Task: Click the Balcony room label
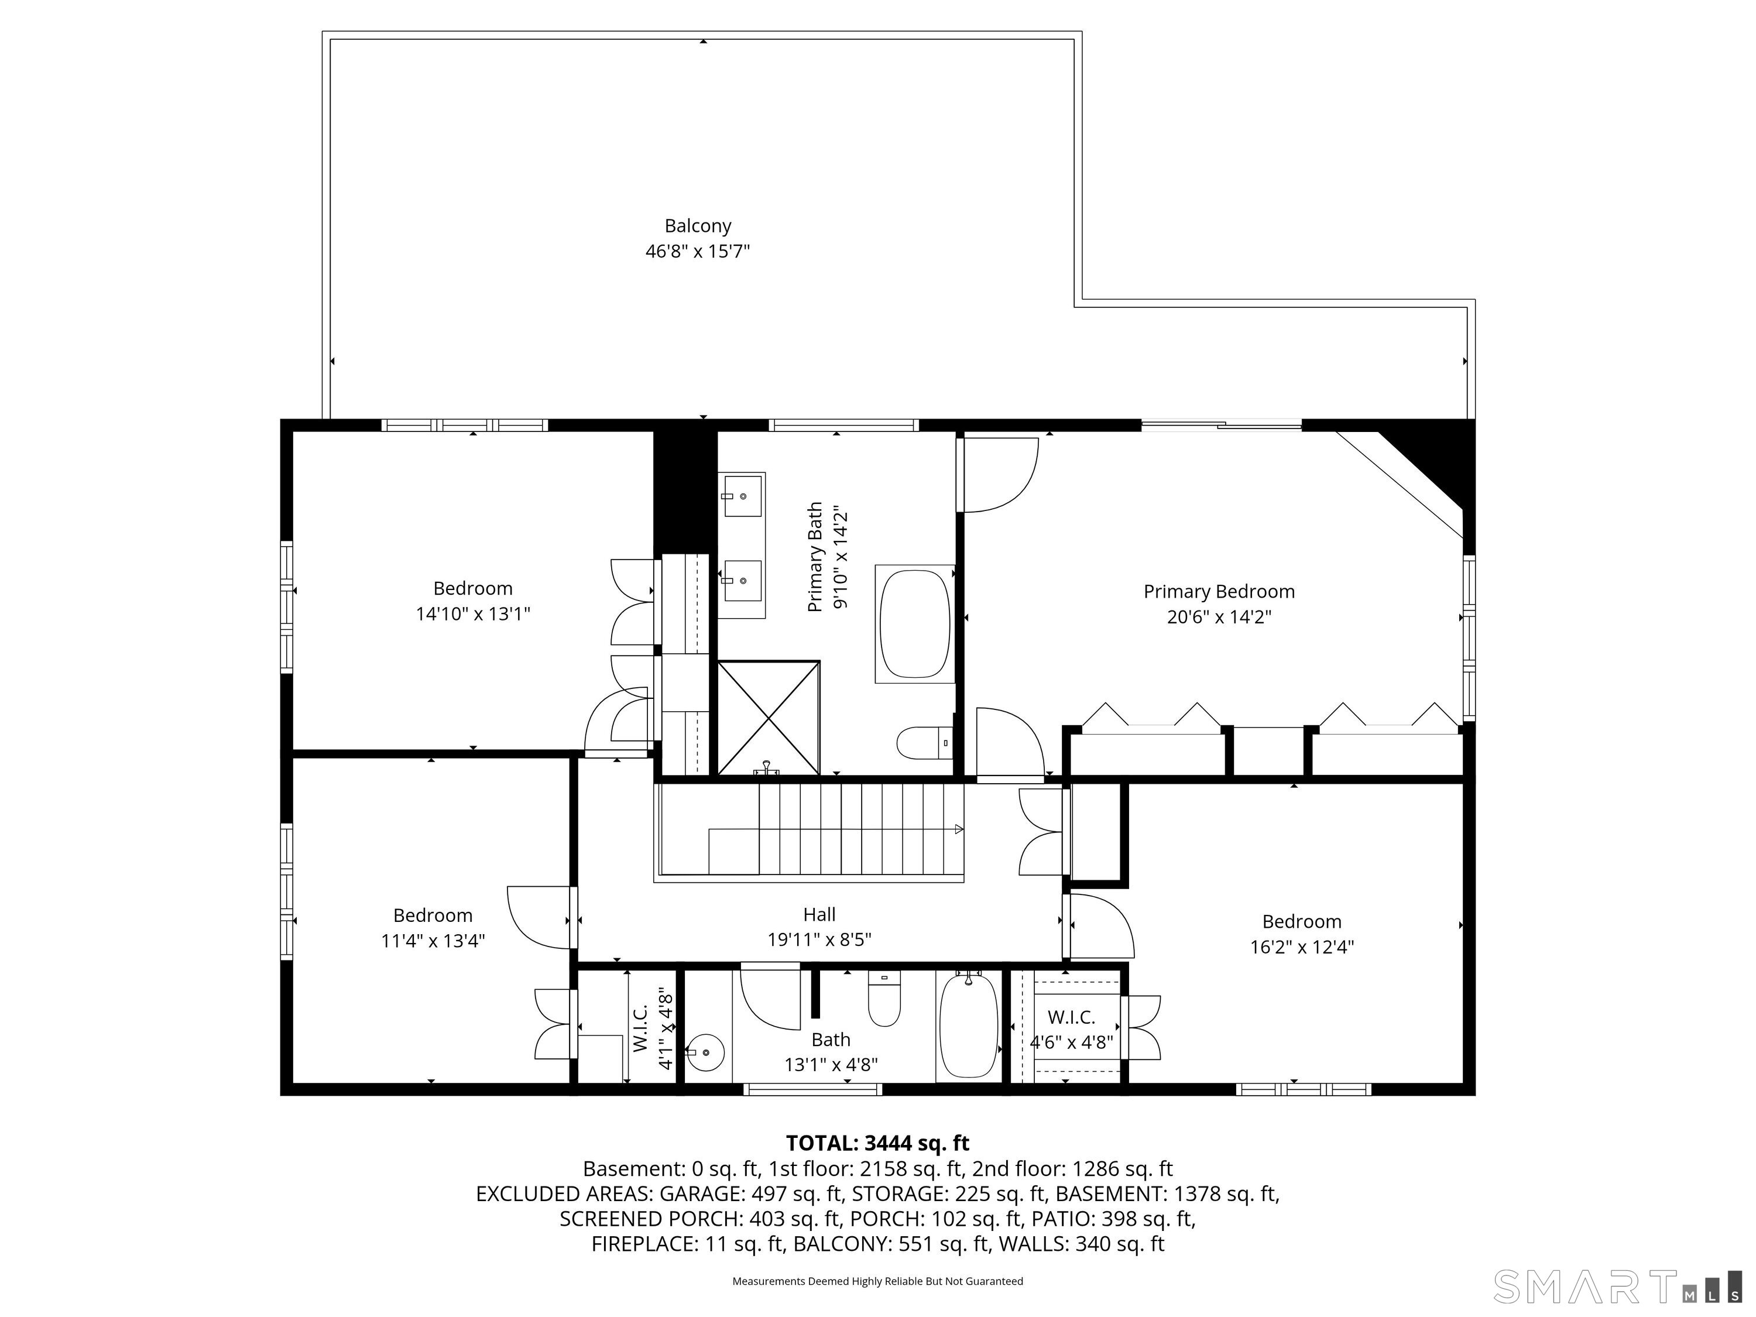pyautogui.click(x=698, y=227)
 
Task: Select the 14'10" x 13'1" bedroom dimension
pyautogui.click(x=473, y=613)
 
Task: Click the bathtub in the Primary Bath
pyautogui.click(x=914, y=624)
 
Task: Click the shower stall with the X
pyautogui.click(x=769, y=717)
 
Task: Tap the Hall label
pyautogui.click(x=819, y=914)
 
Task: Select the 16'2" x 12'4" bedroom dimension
pyautogui.click(x=1302, y=946)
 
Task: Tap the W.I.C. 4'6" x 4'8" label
pyautogui.click(x=1072, y=1030)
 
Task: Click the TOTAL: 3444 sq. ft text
pyautogui.click(x=877, y=1143)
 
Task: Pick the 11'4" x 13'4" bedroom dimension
pyautogui.click(x=433, y=941)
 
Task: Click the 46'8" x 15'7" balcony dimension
pyautogui.click(x=698, y=252)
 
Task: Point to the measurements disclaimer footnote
pyautogui.click(x=877, y=1281)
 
